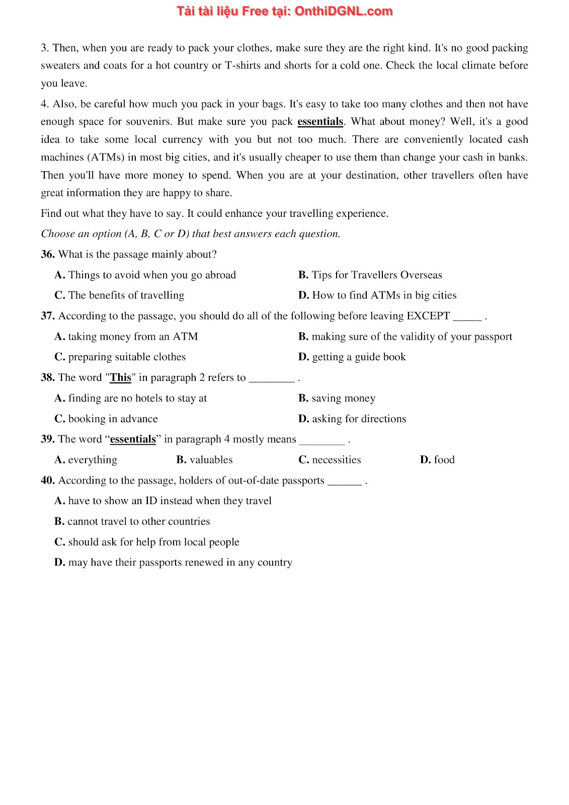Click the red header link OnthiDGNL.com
[343, 11]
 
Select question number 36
[47, 255]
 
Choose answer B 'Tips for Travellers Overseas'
[370, 275]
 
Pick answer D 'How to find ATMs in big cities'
[377, 295]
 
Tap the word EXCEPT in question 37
[428, 316]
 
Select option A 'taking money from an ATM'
[126, 337]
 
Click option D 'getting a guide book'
[352, 357]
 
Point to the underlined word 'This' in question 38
[121, 378]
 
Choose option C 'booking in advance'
[106, 419]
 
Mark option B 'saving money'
[337, 398]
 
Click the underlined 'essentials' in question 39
[133, 439]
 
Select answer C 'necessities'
[330, 460]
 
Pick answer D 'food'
[438, 460]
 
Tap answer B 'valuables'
[205, 460]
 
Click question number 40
[47, 480]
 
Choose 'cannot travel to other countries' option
[132, 522]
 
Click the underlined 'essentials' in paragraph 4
[320, 122]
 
